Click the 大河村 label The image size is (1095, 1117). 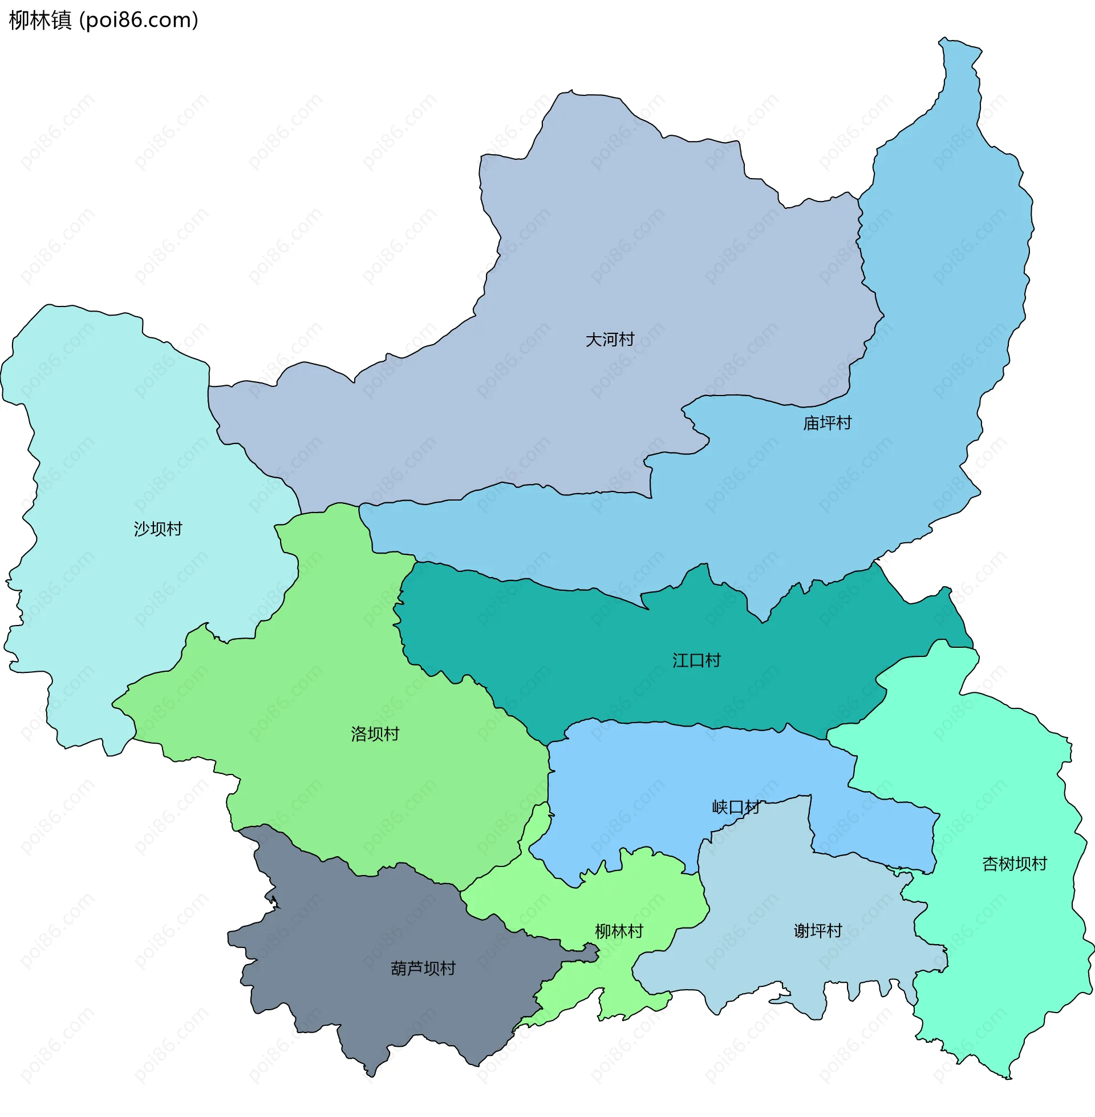coord(610,340)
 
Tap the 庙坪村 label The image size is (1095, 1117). coord(827,423)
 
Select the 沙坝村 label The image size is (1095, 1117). coord(157,529)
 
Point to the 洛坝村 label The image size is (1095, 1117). coord(375,734)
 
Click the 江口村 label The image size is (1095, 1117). coord(696,660)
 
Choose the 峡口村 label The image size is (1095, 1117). coord(736,807)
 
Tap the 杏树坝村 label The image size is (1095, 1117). coord(1015,864)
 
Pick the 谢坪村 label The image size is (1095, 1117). coord(818,930)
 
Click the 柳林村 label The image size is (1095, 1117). coord(619,931)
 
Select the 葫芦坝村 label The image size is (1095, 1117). coord(423,969)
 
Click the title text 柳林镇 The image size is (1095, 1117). coord(40,20)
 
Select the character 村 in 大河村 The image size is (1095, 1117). coord(626,340)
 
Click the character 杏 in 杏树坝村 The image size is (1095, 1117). coord(990,864)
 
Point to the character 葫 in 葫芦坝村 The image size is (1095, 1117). coord(399,969)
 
